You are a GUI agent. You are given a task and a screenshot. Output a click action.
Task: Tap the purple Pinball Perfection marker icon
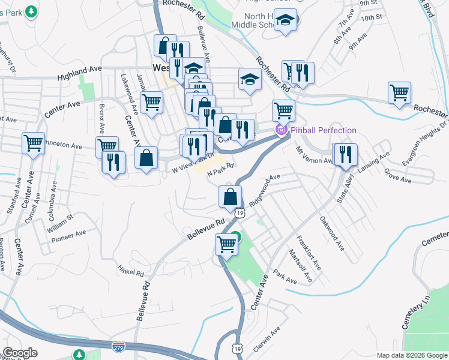coord(280,130)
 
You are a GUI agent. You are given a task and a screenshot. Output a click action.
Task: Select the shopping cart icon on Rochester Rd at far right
coord(399,93)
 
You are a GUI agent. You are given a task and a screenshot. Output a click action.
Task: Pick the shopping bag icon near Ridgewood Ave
coord(230,196)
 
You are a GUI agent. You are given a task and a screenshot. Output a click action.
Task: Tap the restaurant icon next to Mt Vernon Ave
coord(345,154)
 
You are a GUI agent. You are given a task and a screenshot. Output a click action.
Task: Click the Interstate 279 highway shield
coord(118,347)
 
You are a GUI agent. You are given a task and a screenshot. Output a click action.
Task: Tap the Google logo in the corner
coord(20,353)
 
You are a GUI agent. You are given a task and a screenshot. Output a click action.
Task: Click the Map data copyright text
coord(412,355)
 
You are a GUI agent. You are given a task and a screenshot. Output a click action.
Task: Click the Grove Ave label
coord(397,176)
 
